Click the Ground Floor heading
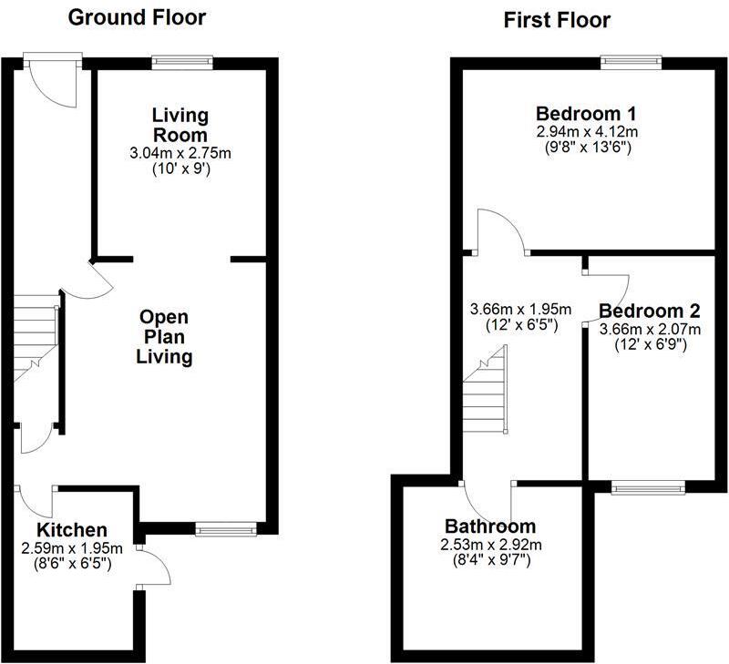click(x=138, y=17)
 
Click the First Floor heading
click(x=557, y=20)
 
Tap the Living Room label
click(x=180, y=124)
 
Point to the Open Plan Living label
click(x=164, y=336)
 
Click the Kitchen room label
click(x=72, y=530)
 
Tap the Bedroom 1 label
click(x=585, y=114)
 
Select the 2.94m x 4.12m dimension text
click(x=585, y=131)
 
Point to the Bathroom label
click(x=490, y=526)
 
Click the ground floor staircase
click(x=35, y=333)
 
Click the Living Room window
click(x=183, y=61)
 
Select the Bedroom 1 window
click(x=630, y=61)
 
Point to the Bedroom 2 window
click(x=649, y=487)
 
